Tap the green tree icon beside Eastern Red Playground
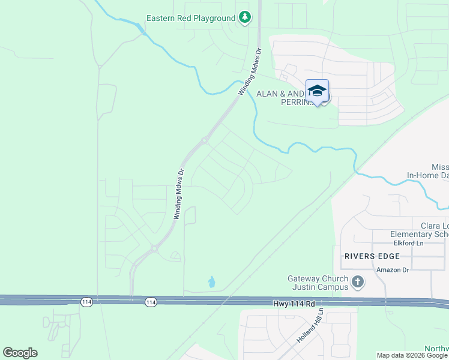[244, 18]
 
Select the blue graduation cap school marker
[317, 92]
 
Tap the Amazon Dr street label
[393, 269]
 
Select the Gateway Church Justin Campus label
[318, 283]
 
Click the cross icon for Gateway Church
[358, 281]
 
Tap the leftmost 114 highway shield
[87, 302]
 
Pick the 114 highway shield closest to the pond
[150, 302]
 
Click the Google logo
[20, 353]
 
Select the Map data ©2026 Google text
[412, 355]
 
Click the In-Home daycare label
[427, 175]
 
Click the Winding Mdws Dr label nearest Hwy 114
[178, 193]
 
